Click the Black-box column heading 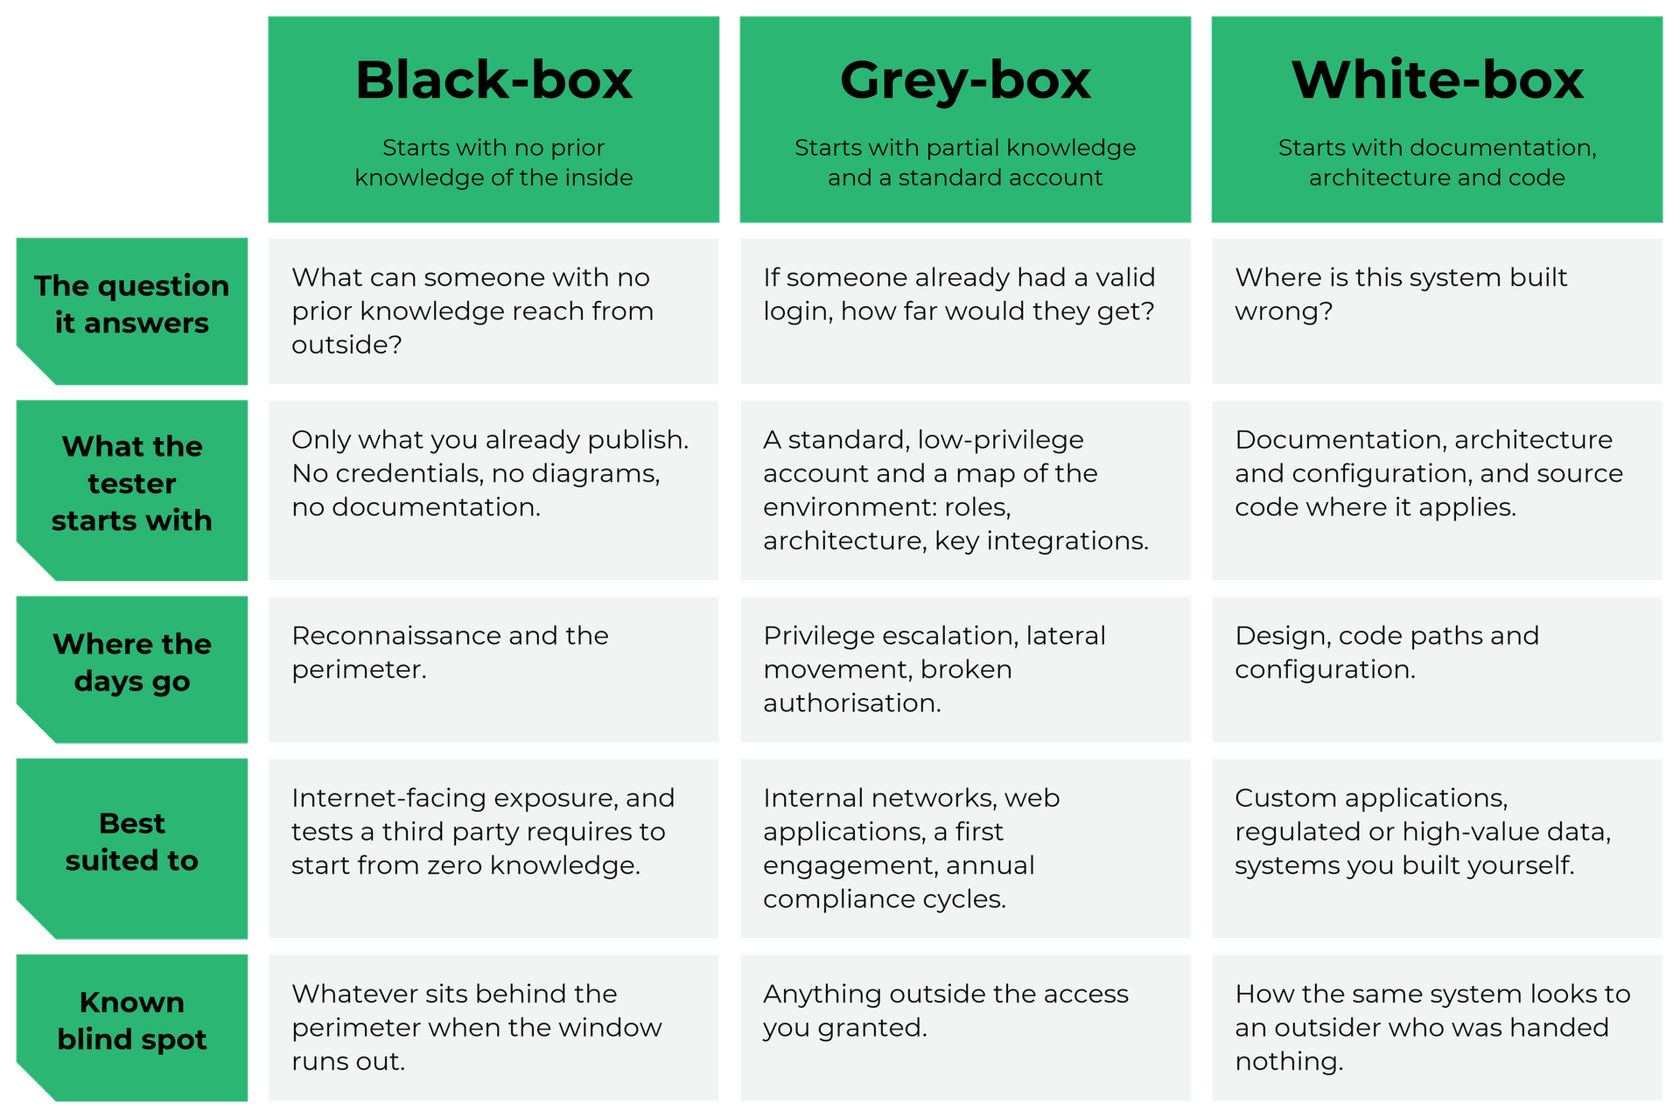coord(493,80)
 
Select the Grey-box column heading coord(965,81)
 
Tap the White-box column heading coord(1437,80)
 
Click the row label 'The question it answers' coord(131,304)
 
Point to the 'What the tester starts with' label coord(131,483)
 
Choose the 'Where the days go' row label coord(131,662)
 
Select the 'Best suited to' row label coord(131,842)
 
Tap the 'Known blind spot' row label coord(131,1020)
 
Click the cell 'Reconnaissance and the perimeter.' coord(450,652)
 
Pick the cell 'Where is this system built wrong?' coord(1400,294)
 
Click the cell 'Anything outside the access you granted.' coord(945,1010)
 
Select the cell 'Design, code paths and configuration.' coord(1386,652)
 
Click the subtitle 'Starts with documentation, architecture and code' coord(1437,163)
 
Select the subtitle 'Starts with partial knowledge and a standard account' coord(965,163)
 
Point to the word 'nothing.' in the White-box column coord(1288,1062)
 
